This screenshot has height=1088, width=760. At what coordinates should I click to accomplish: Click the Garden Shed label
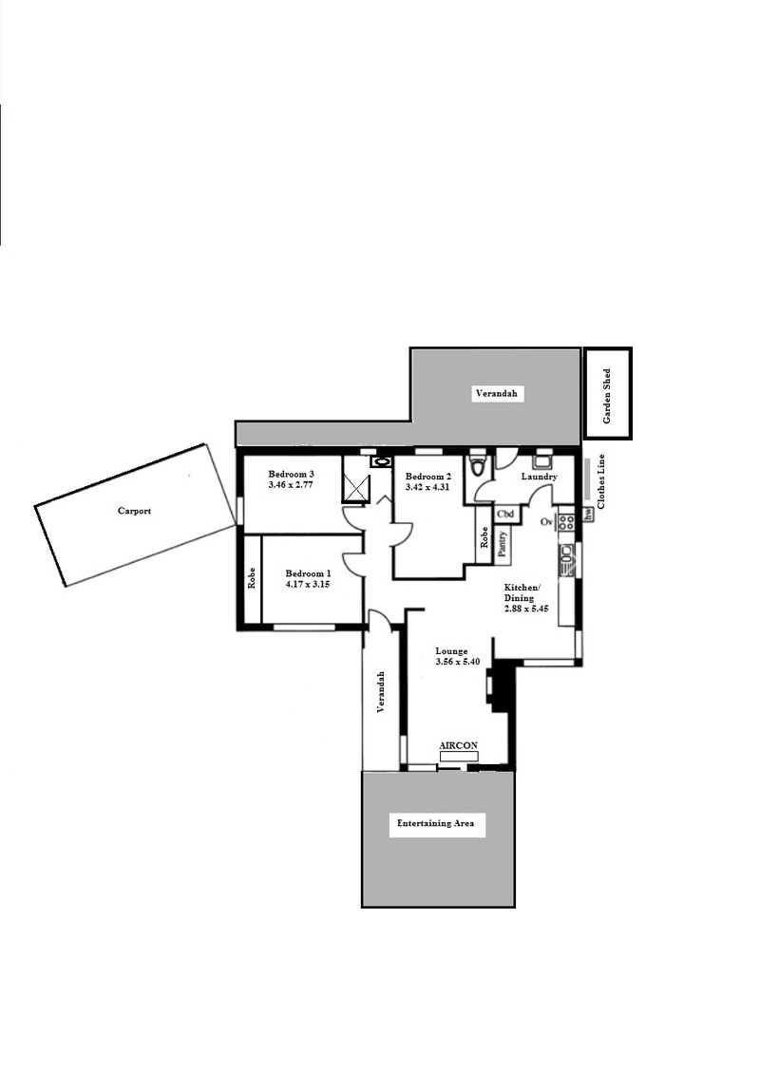pyautogui.click(x=607, y=396)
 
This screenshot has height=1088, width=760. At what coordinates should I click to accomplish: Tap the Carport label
pyautogui.click(x=134, y=512)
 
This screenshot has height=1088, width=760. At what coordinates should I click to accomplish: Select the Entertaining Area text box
pyautogui.click(x=436, y=824)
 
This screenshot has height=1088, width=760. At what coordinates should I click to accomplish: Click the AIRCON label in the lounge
pyautogui.click(x=459, y=745)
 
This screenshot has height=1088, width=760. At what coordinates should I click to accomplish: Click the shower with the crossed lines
pyautogui.click(x=355, y=478)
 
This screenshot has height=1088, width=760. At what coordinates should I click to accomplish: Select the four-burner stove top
pyautogui.click(x=567, y=521)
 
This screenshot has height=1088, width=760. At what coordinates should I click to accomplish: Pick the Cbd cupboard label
pyautogui.click(x=505, y=515)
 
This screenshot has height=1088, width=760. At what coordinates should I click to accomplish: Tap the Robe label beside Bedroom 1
pyautogui.click(x=252, y=579)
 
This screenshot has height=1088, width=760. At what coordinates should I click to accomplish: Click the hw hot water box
pyautogui.click(x=589, y=515)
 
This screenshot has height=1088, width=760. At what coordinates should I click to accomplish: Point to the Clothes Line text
pyautogui.click(x=601, y=481)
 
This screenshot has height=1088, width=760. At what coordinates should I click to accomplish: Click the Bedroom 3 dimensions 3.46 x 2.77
pyautogui.click(x=290, y=484)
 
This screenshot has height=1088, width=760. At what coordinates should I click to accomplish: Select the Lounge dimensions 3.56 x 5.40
pyautogui.click(x=457, y=662)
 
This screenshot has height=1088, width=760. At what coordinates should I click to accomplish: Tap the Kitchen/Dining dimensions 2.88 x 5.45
pyautogui.click(x=526, y=609)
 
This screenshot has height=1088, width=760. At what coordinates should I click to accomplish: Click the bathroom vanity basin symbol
pyautogui.click(x=381, y=460)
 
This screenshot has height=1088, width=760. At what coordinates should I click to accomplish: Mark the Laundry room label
pyautogui.click(x=540, y=477)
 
